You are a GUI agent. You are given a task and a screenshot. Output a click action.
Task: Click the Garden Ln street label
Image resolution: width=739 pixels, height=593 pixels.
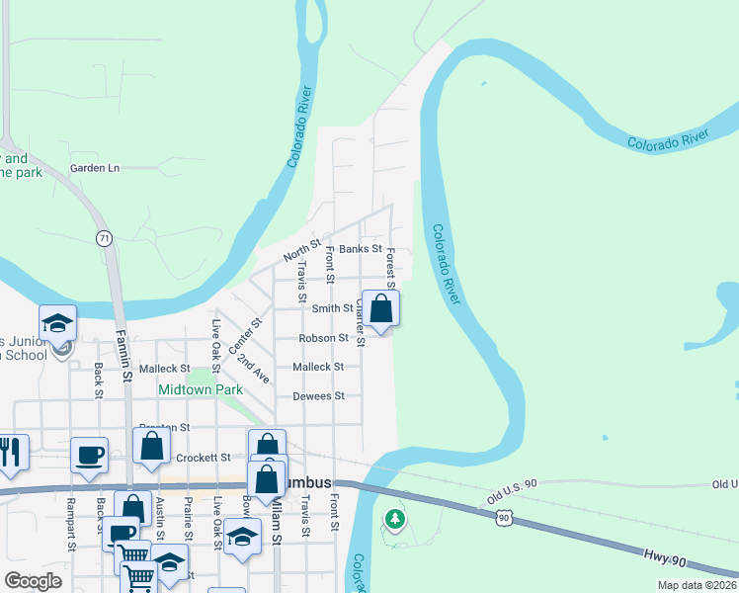94,168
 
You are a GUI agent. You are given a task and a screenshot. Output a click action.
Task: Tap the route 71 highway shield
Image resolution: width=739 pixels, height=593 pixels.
103,238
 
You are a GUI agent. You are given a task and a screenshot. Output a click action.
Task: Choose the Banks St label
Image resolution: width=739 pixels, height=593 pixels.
360,249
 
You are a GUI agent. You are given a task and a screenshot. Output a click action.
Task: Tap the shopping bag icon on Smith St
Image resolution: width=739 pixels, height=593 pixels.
380,308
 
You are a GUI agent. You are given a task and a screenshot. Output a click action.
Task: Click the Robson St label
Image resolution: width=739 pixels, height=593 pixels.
324,338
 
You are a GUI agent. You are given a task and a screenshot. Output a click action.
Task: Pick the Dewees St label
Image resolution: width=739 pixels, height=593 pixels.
318,396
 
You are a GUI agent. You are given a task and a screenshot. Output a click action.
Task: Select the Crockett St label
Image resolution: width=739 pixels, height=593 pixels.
203,458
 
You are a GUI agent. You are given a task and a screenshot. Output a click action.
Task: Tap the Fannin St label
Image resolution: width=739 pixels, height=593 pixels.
125,356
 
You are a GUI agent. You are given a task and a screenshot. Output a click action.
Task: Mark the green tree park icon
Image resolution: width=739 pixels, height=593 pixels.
395,518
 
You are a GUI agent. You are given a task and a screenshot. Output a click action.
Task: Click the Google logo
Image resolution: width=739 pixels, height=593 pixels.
33,581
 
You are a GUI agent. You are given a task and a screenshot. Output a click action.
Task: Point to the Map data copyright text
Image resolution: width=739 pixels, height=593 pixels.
698,585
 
